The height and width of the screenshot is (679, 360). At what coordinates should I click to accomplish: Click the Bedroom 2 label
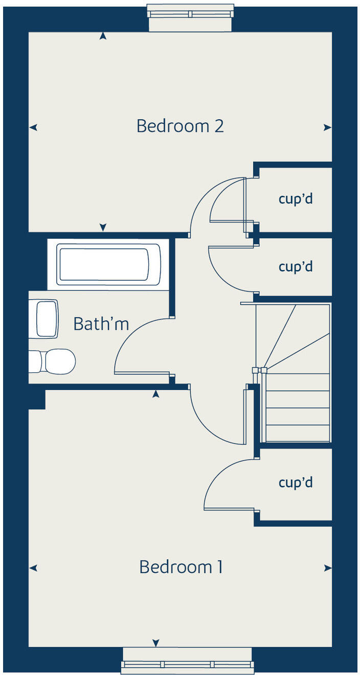click(180, 126)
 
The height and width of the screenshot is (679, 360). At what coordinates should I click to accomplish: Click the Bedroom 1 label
click(181, 567)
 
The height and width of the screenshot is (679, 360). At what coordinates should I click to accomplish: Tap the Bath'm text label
click(101, 324)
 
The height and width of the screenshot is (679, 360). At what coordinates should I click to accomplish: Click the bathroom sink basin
click(47, 319)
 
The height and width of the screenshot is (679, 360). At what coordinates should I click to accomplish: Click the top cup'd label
click(296, 199)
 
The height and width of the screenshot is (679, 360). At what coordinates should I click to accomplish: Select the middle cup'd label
click(296, 267)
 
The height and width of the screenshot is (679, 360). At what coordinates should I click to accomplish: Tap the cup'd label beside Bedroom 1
click(296, 483)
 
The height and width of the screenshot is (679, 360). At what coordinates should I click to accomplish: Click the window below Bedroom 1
click(187, 664)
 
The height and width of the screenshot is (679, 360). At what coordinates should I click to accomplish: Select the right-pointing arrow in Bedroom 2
click(327, 127)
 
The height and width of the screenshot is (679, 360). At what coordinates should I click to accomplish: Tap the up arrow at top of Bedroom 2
click(103, 36)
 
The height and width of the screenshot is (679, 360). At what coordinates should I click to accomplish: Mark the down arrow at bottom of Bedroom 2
click(103, 227)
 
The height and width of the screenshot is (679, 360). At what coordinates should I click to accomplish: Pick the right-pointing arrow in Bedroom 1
click(327, 568)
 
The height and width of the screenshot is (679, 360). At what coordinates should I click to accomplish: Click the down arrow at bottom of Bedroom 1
click(156, 643)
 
